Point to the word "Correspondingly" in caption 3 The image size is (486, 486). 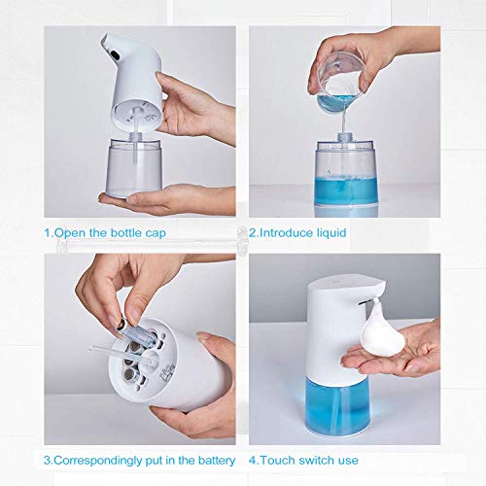point(101,459)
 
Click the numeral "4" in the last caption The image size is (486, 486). point(254,459)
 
